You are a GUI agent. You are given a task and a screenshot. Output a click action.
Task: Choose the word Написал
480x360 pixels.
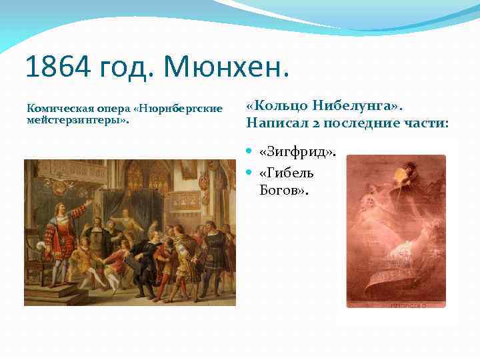(275, 123)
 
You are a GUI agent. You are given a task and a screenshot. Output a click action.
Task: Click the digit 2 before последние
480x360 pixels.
(312, 123)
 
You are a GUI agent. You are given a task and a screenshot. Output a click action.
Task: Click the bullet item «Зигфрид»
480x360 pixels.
(297, 153)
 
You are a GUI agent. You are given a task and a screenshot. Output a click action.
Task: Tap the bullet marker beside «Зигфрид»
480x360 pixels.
(250, 153)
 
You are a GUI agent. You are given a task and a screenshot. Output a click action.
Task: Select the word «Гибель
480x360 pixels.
(286, 173)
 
